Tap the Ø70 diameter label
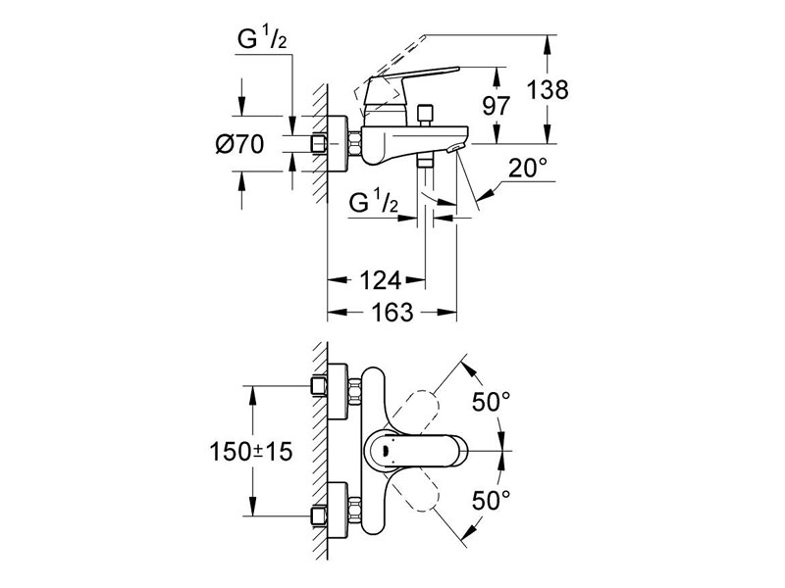(238, 144)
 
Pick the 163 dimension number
(390, 314)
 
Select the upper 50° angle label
(491, 401)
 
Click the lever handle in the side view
(412, 78)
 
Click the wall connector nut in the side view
(319, 144)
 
